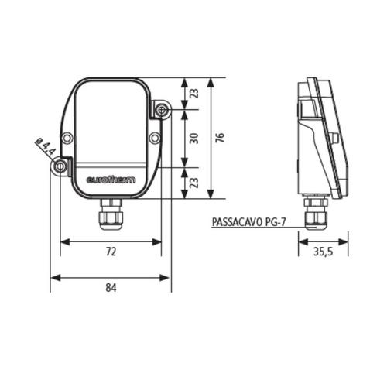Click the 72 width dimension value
(x=111, y=252)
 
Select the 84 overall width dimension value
(x=111, y=287)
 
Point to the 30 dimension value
(x=194, y=137)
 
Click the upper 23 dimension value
(x=194, y=94)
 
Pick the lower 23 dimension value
(x=194, y=183)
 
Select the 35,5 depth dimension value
(x=323, y=252)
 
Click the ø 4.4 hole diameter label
(x=46, y=148)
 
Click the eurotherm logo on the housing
(x=110, y=180)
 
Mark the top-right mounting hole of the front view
(x=162, y=111)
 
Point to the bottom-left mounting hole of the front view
(x=60, y=166)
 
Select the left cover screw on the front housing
(x=68, y=138)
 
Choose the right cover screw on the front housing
(x=155, y=138)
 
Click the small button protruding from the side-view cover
(x=334, y=138)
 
